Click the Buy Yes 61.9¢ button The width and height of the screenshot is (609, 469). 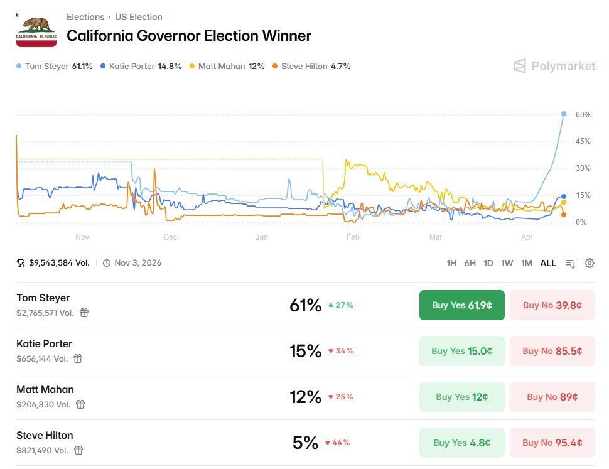tap(461, 305)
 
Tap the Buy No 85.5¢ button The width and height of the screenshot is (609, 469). tap(552, 351)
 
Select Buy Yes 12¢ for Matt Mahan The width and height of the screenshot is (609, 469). tap(461, 397)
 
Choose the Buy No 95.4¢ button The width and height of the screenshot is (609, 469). tap(552, 443)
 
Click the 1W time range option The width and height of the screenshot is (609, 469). tap(507, 263)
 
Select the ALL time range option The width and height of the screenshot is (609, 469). tap(548, 263)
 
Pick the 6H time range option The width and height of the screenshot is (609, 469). tap(470, 263)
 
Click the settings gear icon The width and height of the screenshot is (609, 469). tap(590, 263)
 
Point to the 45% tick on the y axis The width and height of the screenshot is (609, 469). tap(583, 141)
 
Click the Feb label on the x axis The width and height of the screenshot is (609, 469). tap(353, 237)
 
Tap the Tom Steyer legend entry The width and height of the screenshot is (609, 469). tap(55, 66)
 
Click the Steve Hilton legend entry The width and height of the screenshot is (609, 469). tap(311, 66)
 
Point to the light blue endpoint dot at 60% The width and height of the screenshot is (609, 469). tap(564, 114)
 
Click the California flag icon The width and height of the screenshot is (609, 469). tap(36, 30)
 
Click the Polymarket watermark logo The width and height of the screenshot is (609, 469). tap(554, 66)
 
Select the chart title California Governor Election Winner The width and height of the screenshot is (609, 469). tap(189, 36)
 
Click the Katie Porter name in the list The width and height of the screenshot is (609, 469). tap(45, 343)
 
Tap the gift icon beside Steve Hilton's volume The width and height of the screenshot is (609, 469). tap(78, 450)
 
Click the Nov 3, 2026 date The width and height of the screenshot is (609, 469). tap(137, 263)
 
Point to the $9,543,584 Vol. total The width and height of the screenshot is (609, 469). tap(59, 263)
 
